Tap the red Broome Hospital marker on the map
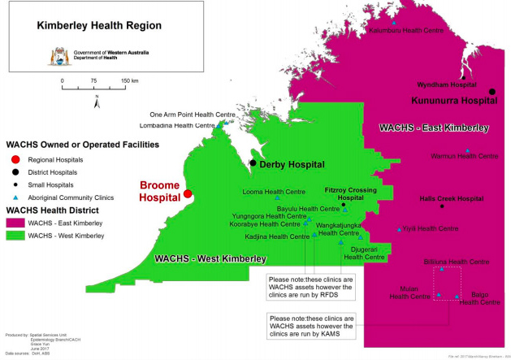tap(188, 194)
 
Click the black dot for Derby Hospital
tap(253, 163)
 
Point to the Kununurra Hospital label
tap(453, 102)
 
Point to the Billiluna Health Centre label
tap(457, 262)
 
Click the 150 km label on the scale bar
tap(130, 81)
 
